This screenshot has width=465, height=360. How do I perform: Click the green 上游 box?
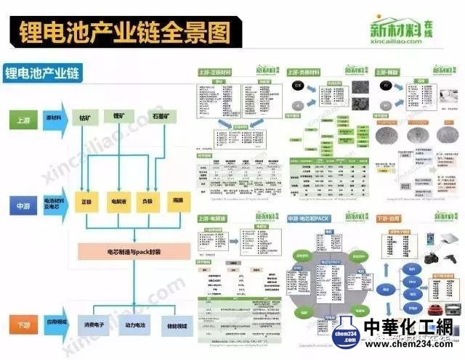pyautogui.click(x=22, y=117)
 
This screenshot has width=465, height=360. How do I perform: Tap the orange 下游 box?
pyautogui.click(x=22, y=322)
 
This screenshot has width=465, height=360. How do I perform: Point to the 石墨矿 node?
pyautogui.click(x=160, y=116)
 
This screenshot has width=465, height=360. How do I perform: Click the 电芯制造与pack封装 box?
pyautogui.click(x=131, y=252)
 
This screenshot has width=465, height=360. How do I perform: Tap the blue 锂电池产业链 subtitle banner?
pyautogui.click(x=44, y=73)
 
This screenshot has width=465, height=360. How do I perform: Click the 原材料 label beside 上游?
pyautogui.click(x=53, y=117)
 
